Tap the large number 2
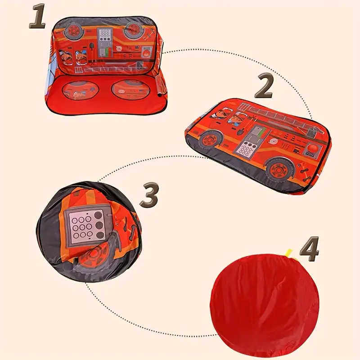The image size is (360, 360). [263, 85]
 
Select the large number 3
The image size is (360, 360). [149, 195]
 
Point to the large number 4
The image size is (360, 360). [309, 249]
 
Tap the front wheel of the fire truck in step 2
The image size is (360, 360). [211, 139]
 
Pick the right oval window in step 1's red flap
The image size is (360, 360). [130, 90]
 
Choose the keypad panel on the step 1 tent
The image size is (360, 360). [105, 42]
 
